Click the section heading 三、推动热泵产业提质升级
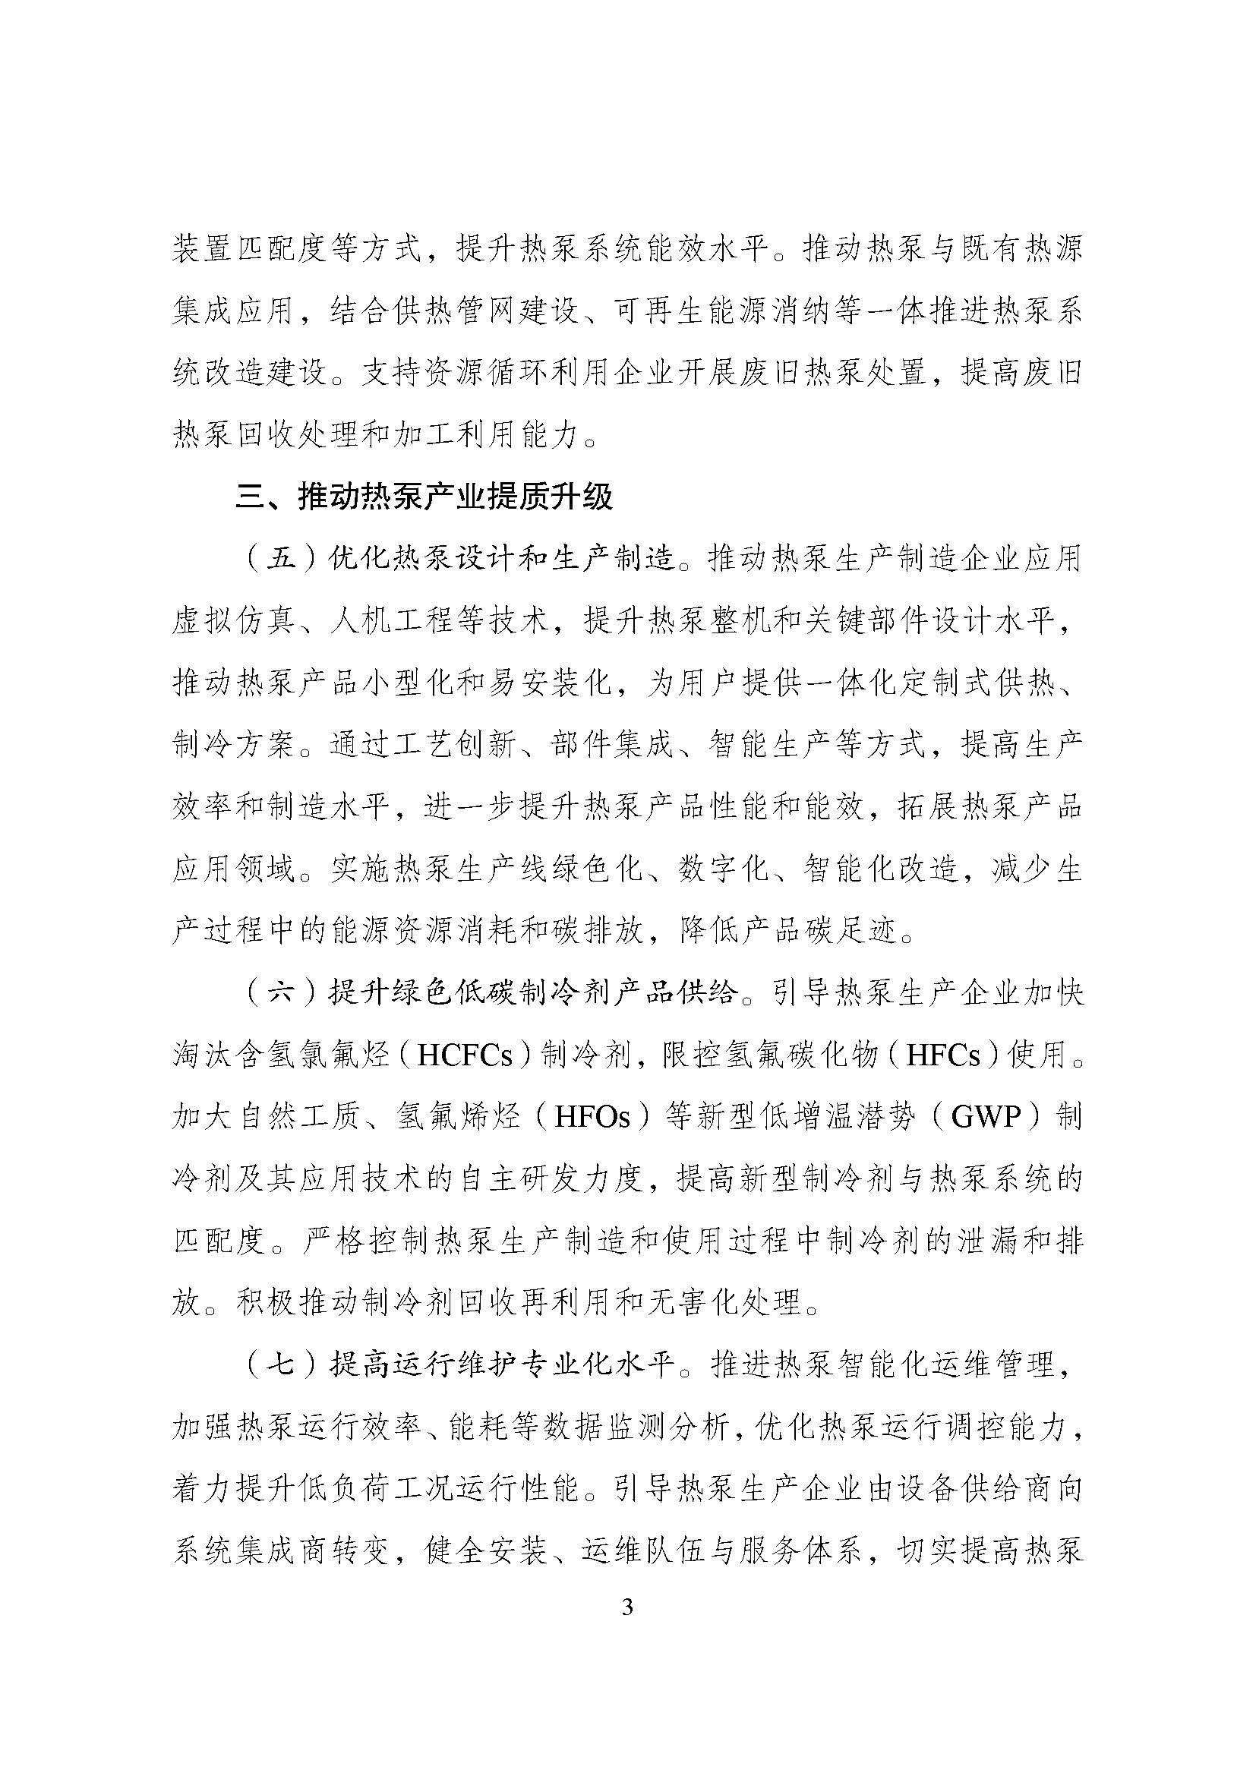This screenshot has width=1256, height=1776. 424,497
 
